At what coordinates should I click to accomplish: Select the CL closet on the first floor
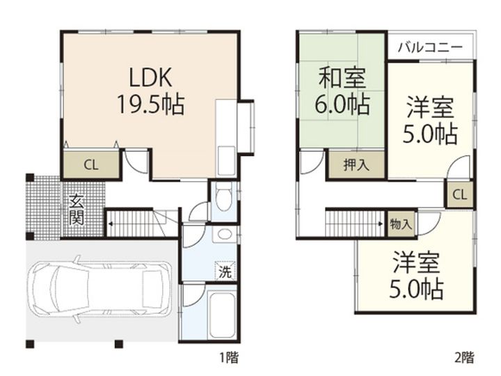click(x=90, y=165)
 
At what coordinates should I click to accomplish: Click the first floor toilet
click(x=223, y=197)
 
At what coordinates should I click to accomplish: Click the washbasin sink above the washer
click(x=223, y=235)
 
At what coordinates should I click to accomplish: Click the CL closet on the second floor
click(x=459, y=194)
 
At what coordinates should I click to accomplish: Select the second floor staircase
click(x=354, y=224)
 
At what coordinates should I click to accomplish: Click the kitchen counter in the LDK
click(x=227, y=139)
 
